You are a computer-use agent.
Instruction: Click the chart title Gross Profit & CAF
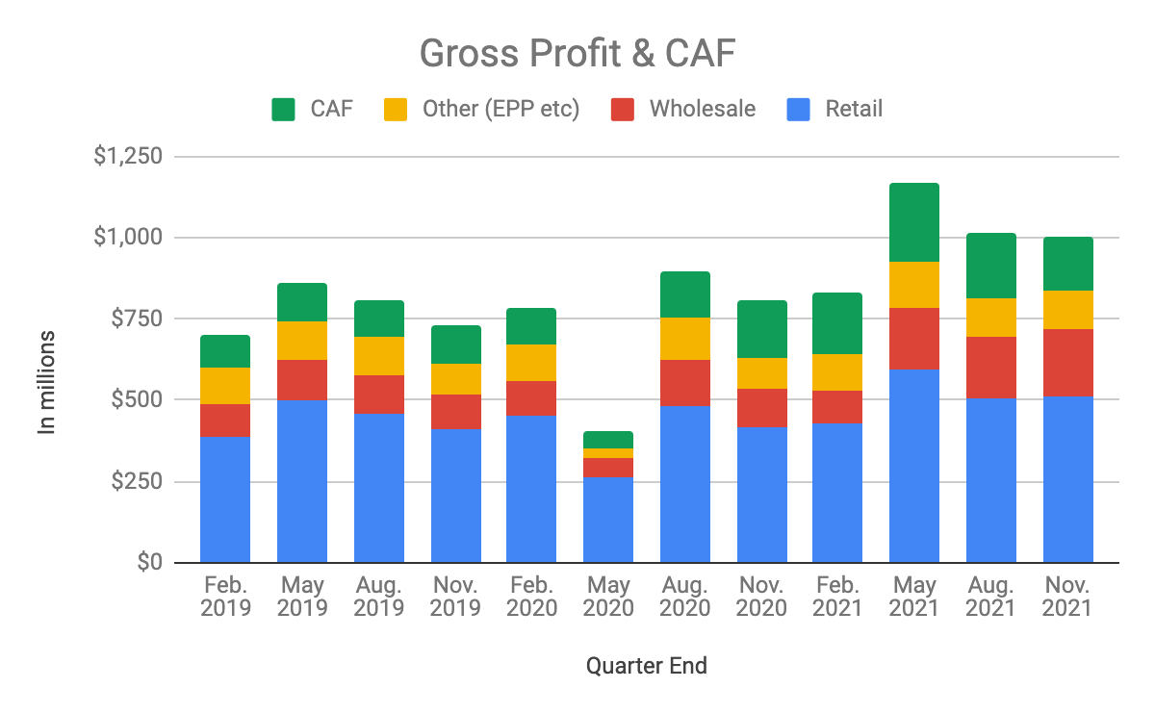point(577,55)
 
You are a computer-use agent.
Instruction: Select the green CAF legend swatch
point(284,109)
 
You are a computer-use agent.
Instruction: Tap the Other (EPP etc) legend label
point(500,109)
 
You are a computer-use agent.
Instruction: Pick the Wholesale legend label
point(702,109)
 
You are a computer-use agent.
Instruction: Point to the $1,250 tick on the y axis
point(127,156)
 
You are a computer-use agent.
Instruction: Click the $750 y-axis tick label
point(135,319)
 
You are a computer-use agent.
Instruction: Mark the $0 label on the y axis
point(148,562)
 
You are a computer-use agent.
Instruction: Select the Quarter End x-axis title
point(646,665)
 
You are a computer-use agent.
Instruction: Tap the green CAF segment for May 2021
point(913,222)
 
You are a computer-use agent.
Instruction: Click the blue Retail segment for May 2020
point(608,520)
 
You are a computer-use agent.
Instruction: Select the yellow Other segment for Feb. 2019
point(225,386)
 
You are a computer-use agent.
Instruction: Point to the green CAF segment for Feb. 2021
point(836,323)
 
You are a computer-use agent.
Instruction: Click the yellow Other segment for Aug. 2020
point(684,339)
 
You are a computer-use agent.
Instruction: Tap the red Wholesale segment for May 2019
point(302,380)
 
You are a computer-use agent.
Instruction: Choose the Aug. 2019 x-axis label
point(379,597)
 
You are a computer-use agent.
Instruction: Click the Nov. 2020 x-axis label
point(761,597)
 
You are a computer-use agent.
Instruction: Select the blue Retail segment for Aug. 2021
point(990,480)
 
